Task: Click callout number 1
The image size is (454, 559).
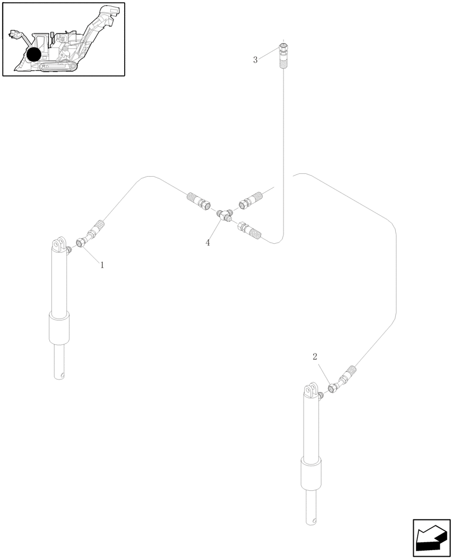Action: [x=102, y=266]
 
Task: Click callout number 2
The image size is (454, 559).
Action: [x=315, y=357]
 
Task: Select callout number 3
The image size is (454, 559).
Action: [x=256, y=60]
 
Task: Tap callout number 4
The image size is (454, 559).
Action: [x=208, y=243]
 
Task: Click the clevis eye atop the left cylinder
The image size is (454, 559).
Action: [x=58, y=244]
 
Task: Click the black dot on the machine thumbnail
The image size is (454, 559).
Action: [x=34, y=54]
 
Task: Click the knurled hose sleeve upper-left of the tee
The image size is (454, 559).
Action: [x=196, y=199]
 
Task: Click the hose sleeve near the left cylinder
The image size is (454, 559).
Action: [x=96, y=229]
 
